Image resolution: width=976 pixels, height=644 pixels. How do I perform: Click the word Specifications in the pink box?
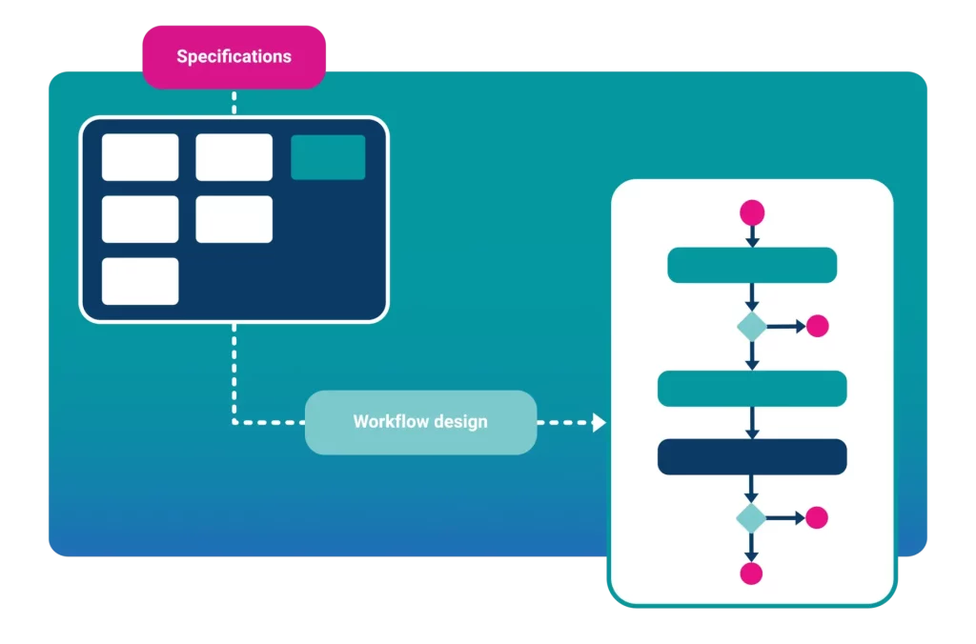pyautogui.click(x=234, y=57)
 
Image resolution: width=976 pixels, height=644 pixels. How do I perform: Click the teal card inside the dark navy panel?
pyautogui.click(x=328, y=157)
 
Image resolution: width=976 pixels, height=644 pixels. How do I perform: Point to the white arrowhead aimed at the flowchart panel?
pyautogui.click(x=599, y=422)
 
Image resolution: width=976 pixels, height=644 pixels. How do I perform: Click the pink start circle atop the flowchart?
pyautogui.click(x=752, y=211)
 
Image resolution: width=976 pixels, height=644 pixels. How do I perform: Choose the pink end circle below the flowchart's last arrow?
pyautogui.click(x=751, y=574)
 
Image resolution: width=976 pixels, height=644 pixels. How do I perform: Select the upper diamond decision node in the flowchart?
pyautogui.click(x=752, y=326)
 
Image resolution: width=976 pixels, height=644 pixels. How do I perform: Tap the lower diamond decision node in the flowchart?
pyautogui.click(x=751, y=518)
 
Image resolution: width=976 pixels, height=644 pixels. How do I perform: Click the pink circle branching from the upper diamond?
pyautogui.click(x=818, y=326)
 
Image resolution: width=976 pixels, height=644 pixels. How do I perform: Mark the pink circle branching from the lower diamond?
pyautogui.click(x=817, y=518)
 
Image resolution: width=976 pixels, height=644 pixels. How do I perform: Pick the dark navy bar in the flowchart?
pyautogui.click(x=752, y=456)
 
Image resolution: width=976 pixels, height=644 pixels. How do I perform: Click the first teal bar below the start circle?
pyautogui.click(x=752, y=265)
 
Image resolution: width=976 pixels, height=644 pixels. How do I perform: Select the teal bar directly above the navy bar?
pyautogui.click(x=752, y=388)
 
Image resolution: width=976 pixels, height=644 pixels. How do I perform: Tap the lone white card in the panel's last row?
pyautogui.click(x=140, y=281)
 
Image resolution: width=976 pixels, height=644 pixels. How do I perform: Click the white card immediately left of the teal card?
pyautogui.click(x=234, y=157)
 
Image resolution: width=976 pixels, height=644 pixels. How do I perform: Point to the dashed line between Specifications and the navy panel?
pyautogui.click(x=234, y=102)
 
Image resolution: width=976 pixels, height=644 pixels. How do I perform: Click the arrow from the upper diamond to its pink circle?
pyautogui.click(x=786, y=326)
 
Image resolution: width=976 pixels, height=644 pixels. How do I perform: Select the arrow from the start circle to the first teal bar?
pyautogui.click(x=752, y=236)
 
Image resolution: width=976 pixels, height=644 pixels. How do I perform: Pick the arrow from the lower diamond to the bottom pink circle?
pyautogui.click(x=751, y=547)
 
